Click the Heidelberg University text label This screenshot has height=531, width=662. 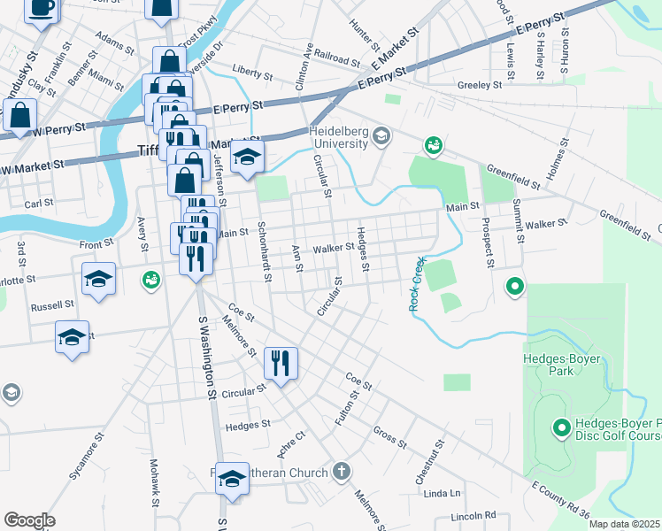tap(325, 137)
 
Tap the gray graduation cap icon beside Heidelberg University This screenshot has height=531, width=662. tap(381, 135)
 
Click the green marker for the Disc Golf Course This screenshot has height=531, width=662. tap(560, 428)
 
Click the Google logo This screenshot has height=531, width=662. tap(29, 519)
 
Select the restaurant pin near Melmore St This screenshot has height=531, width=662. tap(281, 363)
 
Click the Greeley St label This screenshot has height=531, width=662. tap(480, 86)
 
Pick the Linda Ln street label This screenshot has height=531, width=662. tap(443, 493)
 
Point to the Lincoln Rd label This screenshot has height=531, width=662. tap(473, 515)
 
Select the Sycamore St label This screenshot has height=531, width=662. tap(87, 457)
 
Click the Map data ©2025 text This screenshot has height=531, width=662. tap(624, 524)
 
